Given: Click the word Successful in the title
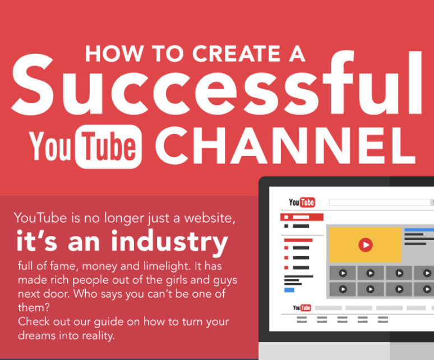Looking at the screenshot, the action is click(216, 82).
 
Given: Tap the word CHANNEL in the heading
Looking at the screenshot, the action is click(285, 146).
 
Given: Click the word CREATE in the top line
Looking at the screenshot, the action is click(237, 53).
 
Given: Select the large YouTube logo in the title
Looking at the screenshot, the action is click(86, 146).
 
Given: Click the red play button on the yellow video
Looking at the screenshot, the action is click(366, 244).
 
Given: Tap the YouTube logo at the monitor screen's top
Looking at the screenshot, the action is click(302, 202).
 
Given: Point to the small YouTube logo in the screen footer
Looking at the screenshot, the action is click(302, 308).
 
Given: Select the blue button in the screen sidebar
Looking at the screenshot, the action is click(289, 290).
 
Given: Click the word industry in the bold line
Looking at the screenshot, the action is click(169, 241).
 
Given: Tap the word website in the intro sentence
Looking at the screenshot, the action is click(210, 218).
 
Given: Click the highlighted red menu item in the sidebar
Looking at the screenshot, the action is click(302, 217).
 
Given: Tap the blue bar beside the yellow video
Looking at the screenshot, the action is click(419, 230).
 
